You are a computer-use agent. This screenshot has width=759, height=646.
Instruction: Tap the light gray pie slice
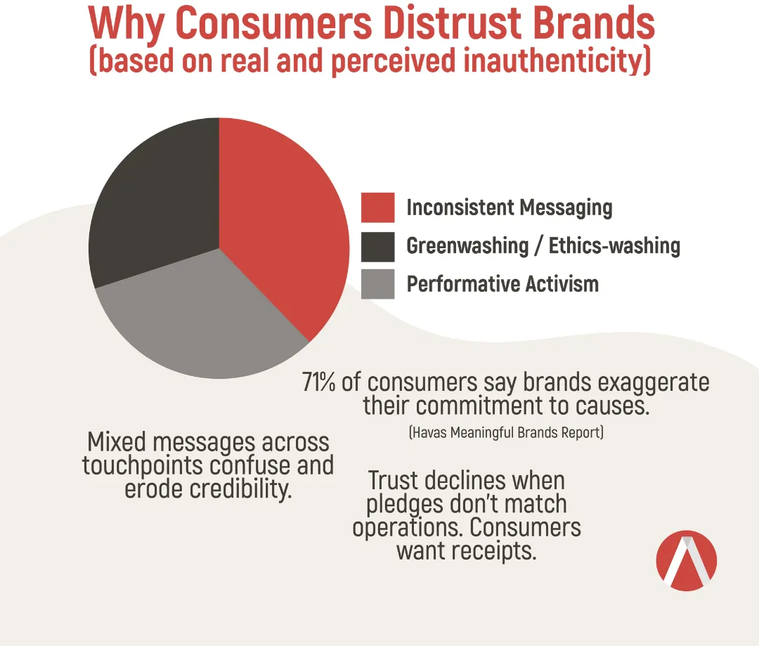203,320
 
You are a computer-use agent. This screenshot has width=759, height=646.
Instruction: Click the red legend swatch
377,208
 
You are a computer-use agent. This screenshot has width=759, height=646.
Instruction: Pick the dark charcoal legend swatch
377,247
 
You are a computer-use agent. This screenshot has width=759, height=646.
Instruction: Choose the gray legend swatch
377,284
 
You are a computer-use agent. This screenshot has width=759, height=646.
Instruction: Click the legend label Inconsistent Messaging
510,208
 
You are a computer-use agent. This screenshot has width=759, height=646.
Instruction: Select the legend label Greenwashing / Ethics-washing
543,246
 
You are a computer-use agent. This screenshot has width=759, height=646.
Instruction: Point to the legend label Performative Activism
502,284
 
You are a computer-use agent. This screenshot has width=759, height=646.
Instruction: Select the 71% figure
318,382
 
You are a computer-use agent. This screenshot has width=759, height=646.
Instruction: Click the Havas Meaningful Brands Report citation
506,432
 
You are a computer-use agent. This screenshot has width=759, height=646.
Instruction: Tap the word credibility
240,489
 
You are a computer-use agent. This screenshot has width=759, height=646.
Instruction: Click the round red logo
687,561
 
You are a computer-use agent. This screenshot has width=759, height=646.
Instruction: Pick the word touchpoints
142,466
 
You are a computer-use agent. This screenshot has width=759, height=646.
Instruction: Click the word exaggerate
654,383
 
